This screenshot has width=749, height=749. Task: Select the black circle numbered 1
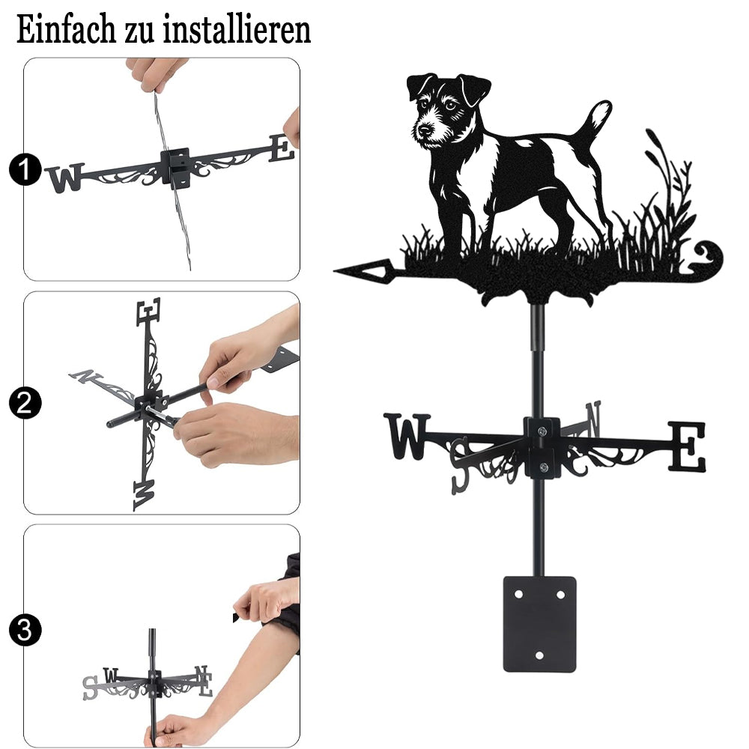pyautogui.click(x=25, y=169)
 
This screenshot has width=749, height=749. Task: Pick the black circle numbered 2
pyautogui.click(x=25, y=403)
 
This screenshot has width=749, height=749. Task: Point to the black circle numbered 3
pyautogui.click(x=25, y=630)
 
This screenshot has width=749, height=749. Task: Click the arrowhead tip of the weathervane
pyautogui.click(x=335, y=271)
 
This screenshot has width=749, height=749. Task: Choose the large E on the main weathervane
pyautogui.click(x=686, y=446)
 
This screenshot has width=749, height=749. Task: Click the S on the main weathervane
pyautogui.click(x=460, y=466)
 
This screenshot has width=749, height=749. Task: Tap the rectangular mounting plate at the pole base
pyautogui.click(x=539, y=624)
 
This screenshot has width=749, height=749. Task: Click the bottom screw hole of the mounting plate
pyautogui.click(x=539, y=655)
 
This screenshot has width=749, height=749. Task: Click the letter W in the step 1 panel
pyautogui.click(x=66, y=178)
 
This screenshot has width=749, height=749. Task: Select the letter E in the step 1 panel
pyautogui.click(x=282, y=148)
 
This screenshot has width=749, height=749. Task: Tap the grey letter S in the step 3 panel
pyautogui.click(x=90, y=688)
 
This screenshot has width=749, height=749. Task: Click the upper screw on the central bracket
pyautogui.click(x=542, y=431)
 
